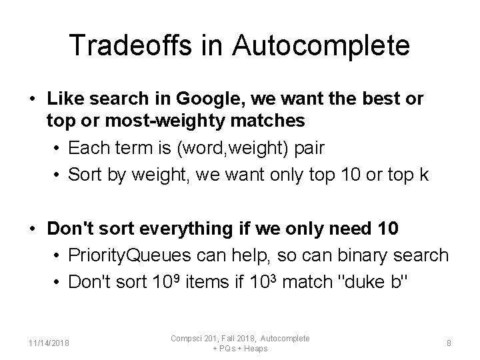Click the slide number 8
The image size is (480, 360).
[x=449, y=343]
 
